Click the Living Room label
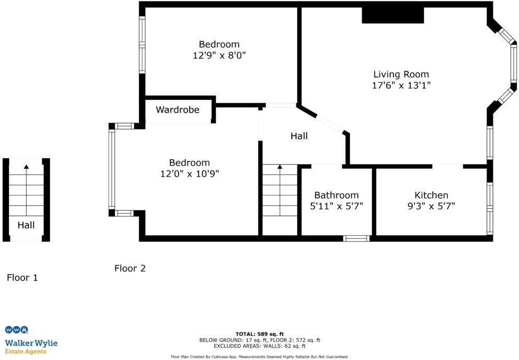[401, 74]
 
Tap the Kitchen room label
[431, 195]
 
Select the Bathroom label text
[336, 195]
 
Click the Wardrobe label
[178, 110]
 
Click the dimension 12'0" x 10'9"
[189, 174]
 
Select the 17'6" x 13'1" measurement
[401, 86]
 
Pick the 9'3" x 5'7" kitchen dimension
[431, 206]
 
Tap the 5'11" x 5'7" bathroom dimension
[336, 206]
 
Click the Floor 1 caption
[22, 278]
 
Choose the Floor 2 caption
[130, 269]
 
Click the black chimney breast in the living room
[393, 16]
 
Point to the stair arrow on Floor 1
[26, 167]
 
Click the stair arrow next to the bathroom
[280, 167]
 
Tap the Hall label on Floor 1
[26, 225]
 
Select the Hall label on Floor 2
[299, 136]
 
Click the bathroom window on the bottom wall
[356, 238]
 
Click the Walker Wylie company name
[31, 343]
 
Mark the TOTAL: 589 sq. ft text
[260, 333]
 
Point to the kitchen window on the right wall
[490, 208]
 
